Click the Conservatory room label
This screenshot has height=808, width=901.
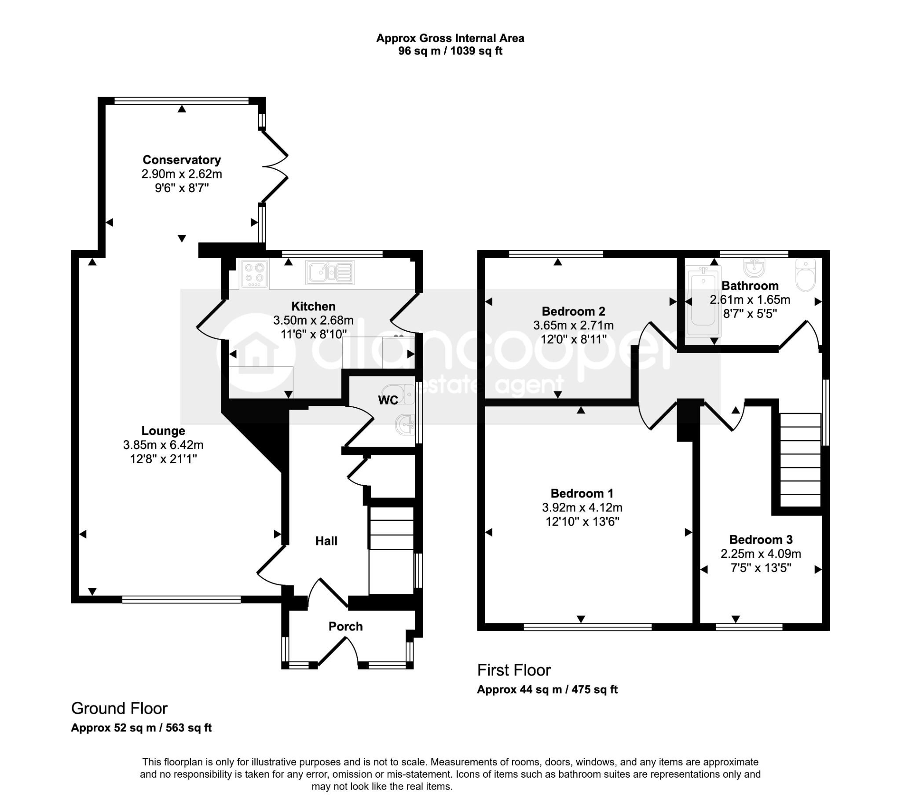point(182,160)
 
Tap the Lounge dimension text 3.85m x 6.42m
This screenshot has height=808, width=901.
point(163,444)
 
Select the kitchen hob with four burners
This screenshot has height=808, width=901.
point(254,273)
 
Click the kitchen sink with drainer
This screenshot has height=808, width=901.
point(330,272)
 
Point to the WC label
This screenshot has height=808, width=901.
point(388,400)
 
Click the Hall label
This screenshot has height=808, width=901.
point(326,541)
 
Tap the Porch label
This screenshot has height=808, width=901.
point(345,626)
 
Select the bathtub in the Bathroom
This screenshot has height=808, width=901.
point(703,300)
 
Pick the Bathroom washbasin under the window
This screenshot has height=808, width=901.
point(754,267)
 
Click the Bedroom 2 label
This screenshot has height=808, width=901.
point(573,311)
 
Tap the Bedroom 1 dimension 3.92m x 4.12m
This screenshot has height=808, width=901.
point(582,508)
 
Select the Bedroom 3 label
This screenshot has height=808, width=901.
point(761,539)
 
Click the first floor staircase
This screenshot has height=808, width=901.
point(800,460)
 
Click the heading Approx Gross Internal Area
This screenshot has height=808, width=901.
point(450,38)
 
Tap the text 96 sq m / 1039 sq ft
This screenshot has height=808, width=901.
point(450,51)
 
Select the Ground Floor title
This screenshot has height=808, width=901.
point(120,708)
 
